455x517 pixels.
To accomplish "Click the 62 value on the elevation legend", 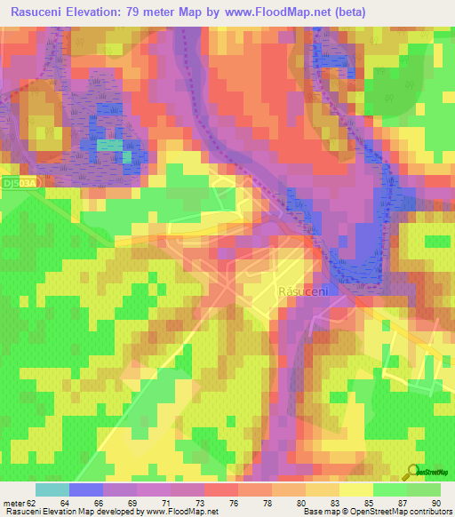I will tap(33, 503).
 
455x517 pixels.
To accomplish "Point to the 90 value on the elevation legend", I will tap(435, 503).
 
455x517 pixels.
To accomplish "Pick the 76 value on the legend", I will tap(234, 503).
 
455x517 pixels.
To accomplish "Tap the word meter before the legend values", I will tap(13, 503).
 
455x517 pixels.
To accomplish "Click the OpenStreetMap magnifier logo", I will tap(412, 473).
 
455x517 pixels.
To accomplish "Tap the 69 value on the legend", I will tap(132, 503).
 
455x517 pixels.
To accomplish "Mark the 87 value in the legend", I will tap(403, 503).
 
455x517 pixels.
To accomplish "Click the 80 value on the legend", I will tap(302, 503).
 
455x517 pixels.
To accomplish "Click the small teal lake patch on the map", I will tap(110, 144).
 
